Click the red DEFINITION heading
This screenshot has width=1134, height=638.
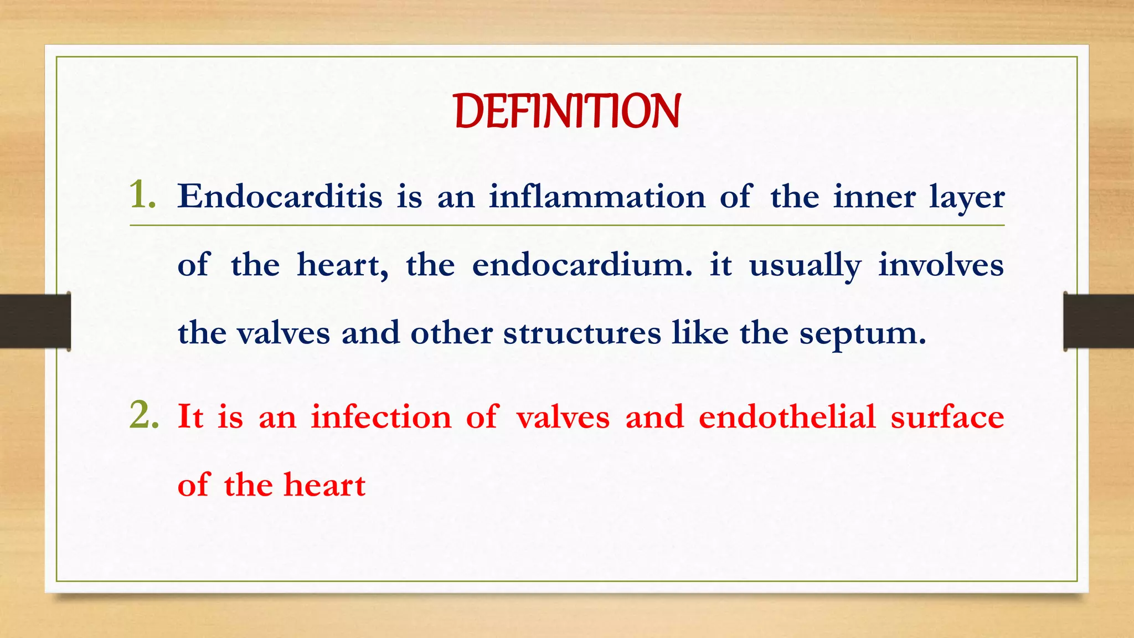pyautogui.click(x=567, y=111)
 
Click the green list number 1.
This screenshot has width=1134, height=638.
pyautogui.click(x=142, y=195)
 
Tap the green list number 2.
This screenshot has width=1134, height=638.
pyautogui.click(x=143, y=415)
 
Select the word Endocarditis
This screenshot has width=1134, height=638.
pyautogui.click(x=280, y=197)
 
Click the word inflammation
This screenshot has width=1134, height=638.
pyautogui.click(x=597, y=197)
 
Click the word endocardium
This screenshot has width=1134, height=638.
pyautogui.click(x=581, y=265)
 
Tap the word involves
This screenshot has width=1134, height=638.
pyautogui.click(x=941, y=265)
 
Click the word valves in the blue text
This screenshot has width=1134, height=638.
pyautogui.click(x=283, y=333)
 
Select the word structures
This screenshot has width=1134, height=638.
pyautogui.click(x=582, y=333)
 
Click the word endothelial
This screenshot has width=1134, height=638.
pyautogui.click(x=787, y=416)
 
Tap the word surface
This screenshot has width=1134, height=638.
pyautogui.click(x=947, y=416)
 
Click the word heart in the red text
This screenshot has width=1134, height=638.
pyautogui.click(x=324, y=485)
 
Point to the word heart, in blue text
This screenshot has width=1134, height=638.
pyautogui.click(x=342, y=265)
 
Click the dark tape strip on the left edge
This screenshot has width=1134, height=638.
pyautogui.click(x=35, y=321)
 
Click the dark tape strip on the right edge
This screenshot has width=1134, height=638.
pyautogui.click(x=1099, y=321)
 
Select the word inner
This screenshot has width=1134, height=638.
pyautogui.click(x=874, y=197)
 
